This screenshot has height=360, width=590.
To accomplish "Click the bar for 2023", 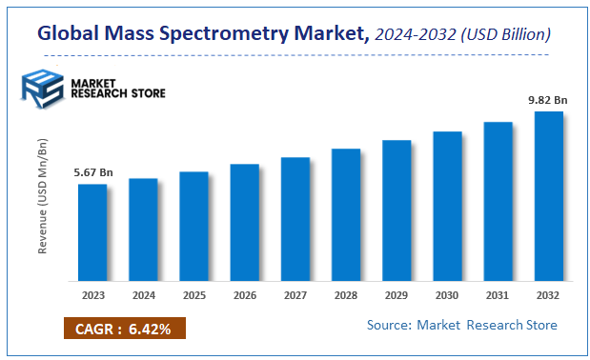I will (92, 232).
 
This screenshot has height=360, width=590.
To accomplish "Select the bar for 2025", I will (193, 227).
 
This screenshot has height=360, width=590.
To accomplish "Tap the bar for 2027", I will (295, 219).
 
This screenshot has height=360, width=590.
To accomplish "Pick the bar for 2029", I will (397, 210).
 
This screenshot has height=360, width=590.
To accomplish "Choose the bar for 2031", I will (498, 201).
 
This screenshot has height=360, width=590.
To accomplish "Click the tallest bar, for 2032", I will (549, 196).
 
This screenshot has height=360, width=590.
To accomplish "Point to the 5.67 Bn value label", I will (92, 172).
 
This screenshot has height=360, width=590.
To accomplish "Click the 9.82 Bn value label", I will (549, 99).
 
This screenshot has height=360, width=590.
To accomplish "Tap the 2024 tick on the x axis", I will (143, 295).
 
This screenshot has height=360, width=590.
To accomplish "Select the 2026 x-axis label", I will (244, 295).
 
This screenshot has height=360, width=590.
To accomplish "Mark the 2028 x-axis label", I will (346, 295).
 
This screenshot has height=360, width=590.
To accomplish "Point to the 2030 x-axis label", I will (447, 295).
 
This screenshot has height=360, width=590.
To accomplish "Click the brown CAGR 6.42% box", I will (124, 330).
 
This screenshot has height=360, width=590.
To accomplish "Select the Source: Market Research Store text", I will (462, 326).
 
